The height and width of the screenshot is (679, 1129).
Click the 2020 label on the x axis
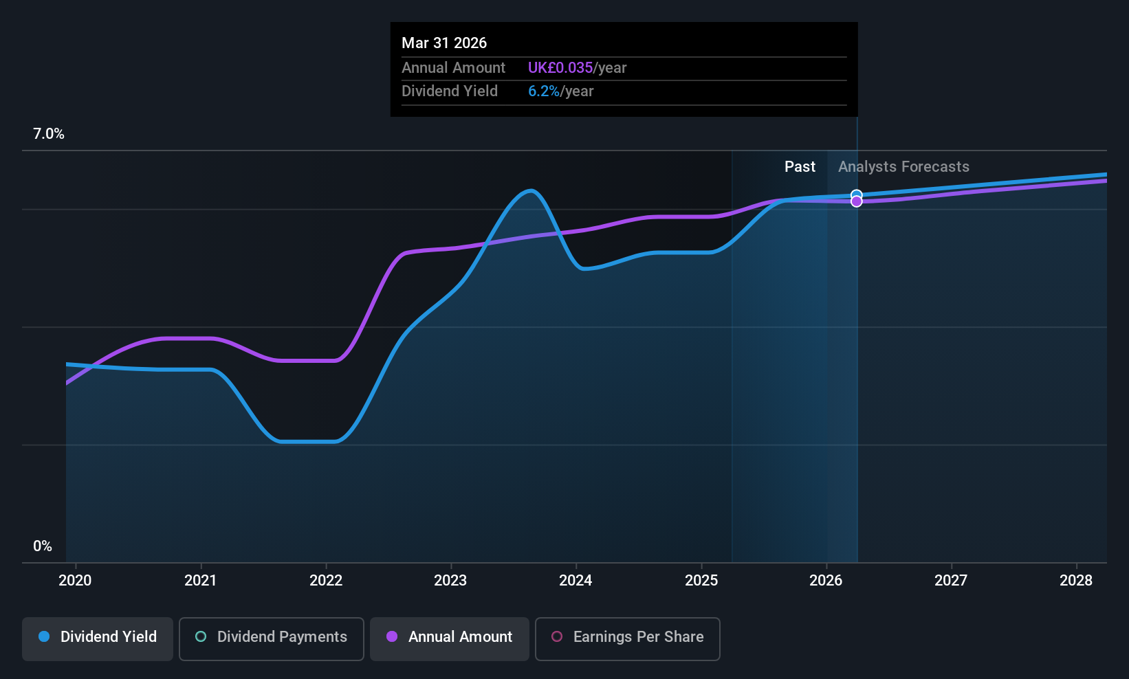coord(75,580)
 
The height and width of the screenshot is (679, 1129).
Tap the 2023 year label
coord(450,580)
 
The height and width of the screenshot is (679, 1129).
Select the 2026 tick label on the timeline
coord(826,580)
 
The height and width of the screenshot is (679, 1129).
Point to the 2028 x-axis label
coord(1076,580)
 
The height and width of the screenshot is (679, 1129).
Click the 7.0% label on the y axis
coord(49,134)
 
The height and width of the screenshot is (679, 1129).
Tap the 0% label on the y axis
coord(43,546)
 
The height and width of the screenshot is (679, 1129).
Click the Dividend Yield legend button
coord(97,638)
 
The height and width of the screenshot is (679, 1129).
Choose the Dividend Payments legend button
coord(271,638)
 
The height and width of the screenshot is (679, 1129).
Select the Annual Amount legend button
coord(450,638)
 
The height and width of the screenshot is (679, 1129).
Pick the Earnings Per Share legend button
coord(628,638)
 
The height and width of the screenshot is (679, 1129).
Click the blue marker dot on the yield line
coord(856,195)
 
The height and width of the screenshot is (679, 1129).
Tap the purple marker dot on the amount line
coord(856,201)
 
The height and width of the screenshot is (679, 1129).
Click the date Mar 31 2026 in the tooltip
coord(444,43)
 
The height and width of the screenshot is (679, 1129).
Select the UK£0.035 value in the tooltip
coord(560,67)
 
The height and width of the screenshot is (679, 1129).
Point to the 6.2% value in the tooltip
coord(544,91)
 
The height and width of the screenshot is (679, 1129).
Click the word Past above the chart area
coord(800,167)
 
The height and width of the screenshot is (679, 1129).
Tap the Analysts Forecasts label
coord(903,167)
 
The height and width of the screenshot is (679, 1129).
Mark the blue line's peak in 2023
coord(531,190)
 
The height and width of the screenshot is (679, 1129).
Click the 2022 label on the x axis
coord(326,580)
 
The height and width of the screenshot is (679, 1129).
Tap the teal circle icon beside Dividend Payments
coord(201,636)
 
